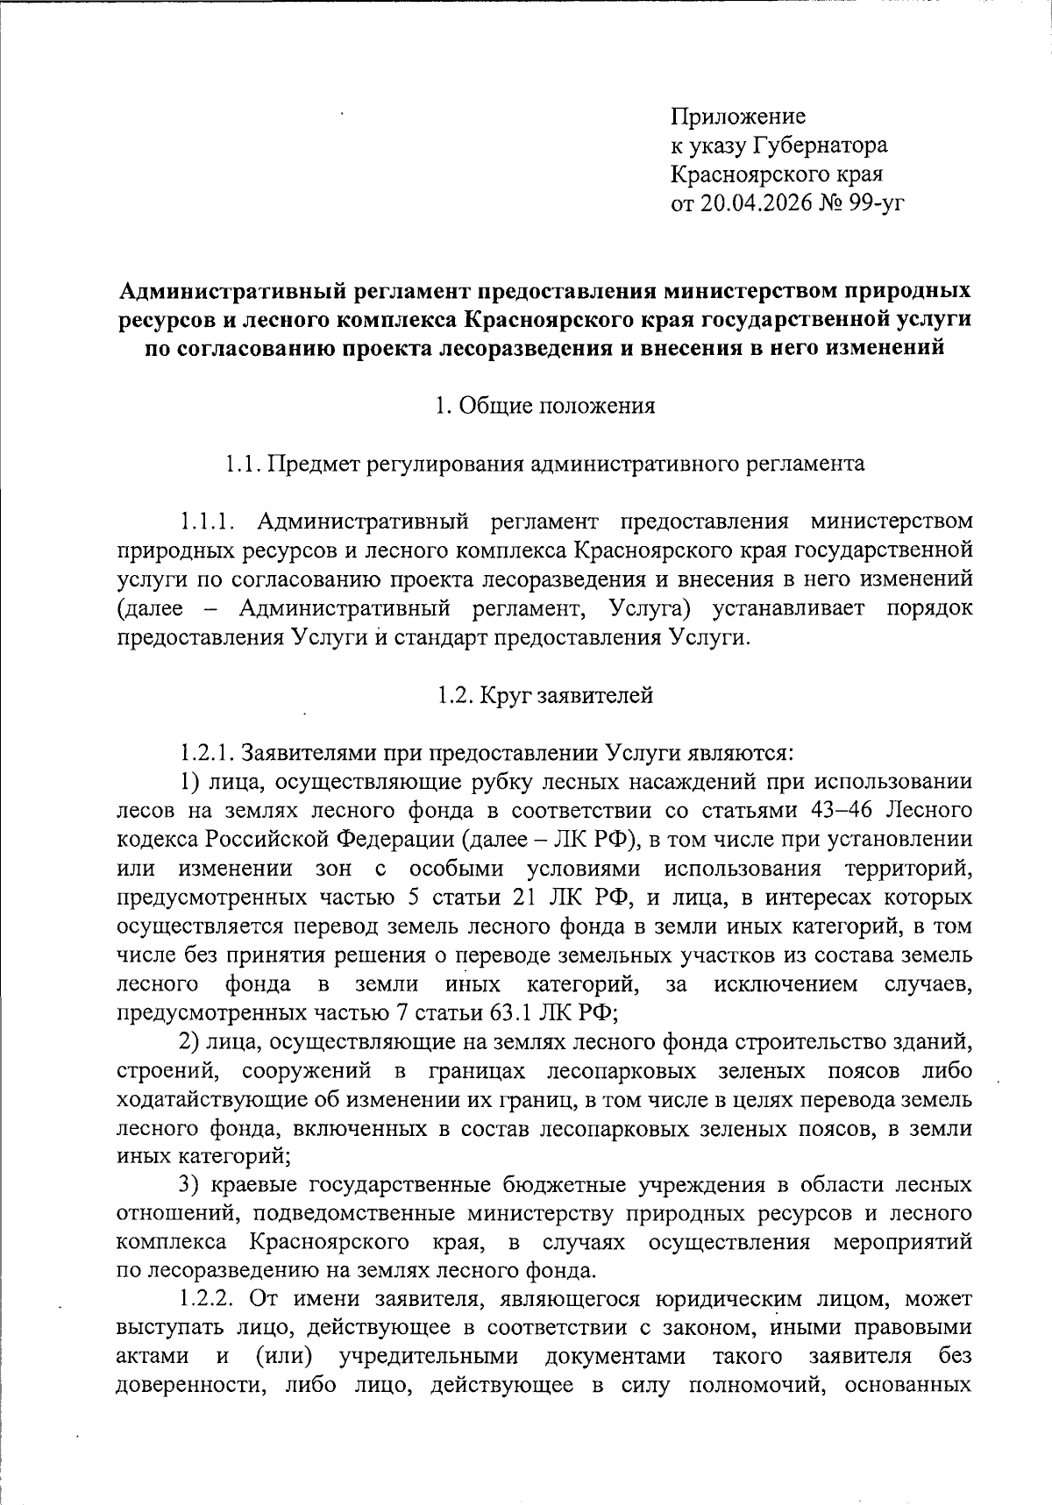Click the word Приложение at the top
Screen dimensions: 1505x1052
(738, 117)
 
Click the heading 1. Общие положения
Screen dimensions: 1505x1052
(545, 407)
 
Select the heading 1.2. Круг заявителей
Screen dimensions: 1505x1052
(545, 696)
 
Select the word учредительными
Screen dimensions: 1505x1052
(430, 1357)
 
